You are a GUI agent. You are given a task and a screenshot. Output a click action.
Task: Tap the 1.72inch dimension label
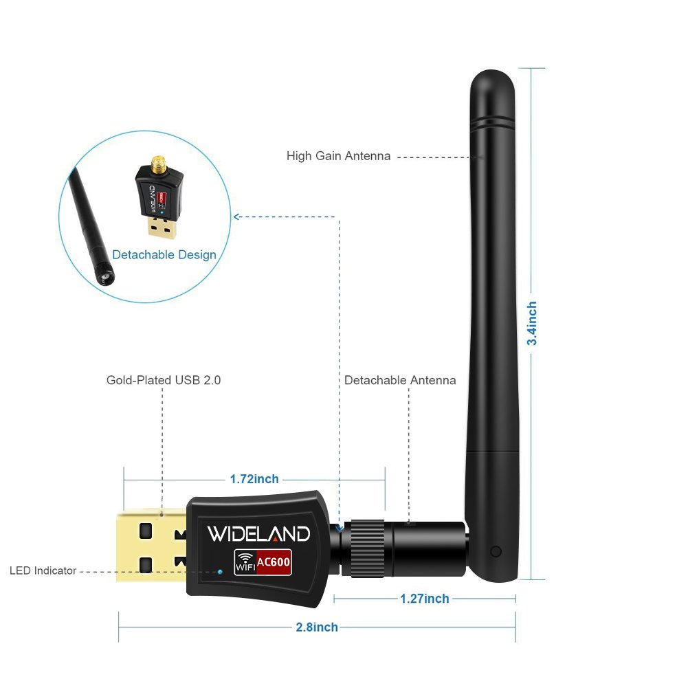click(x=254, y=478)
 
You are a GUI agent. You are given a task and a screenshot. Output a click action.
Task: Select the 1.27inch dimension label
click(x=425, y=599)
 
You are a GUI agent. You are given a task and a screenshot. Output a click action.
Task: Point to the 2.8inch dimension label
click(x=316, y=627)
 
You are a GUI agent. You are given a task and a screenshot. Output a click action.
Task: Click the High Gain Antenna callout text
click(x=338, y=156)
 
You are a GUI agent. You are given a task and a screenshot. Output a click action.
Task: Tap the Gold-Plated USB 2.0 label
click(x=164, y=379)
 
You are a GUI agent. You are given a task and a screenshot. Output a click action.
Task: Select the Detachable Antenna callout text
click(x=400, y=380)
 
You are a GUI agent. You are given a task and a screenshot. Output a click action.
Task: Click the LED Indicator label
click(x=43, y=570)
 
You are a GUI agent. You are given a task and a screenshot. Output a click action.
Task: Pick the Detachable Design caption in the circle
click(x=164, y=255)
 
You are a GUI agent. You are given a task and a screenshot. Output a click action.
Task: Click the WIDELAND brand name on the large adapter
click(x=258, y=534)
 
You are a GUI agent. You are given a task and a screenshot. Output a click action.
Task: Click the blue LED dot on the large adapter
click(x=220, y=570)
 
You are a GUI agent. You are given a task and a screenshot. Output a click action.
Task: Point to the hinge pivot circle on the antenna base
click(x=496, y=551)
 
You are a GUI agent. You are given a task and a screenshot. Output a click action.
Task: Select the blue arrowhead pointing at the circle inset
click(x=236, y=217)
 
